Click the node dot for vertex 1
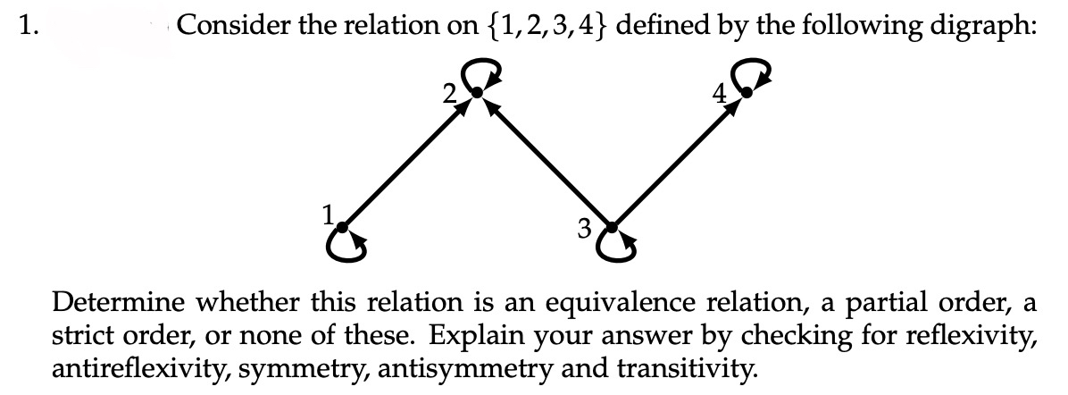(344, 229)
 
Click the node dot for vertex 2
(478, 92)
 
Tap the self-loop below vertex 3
(619, 249)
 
